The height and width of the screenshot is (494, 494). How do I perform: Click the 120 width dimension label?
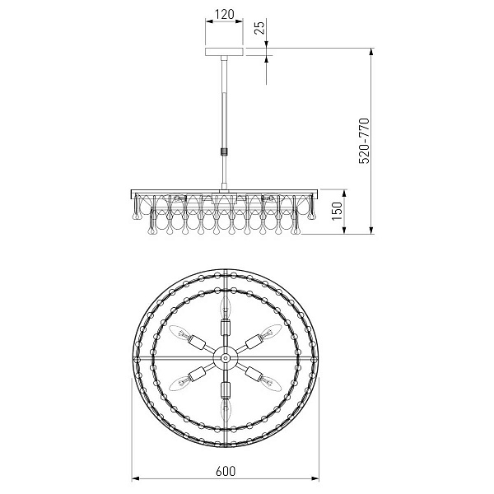pyautogui.click(x=225, y=14)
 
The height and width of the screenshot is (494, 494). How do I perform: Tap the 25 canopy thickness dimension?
pyautogui.click(x=260, y=28)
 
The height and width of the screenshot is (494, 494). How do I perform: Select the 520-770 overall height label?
pyautogui.click(x=364, y=141)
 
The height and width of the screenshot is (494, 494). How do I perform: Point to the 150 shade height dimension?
pyautogui.click(x=338, y=211)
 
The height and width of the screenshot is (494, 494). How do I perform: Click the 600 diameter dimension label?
pyautogui.click(x=226, y=471)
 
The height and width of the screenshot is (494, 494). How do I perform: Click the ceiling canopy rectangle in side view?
pyautogui.click(x=224, y=52)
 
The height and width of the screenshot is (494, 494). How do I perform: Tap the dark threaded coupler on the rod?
pyautogui.click(x=224, y=151)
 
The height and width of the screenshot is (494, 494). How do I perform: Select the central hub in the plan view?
pyautogui.click(x=226, y=358)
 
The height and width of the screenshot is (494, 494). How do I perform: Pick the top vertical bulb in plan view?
pyautogui.click(x=226, y=306)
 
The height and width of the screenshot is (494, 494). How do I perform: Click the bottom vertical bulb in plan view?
pyautogui.click(x=226, y=409)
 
